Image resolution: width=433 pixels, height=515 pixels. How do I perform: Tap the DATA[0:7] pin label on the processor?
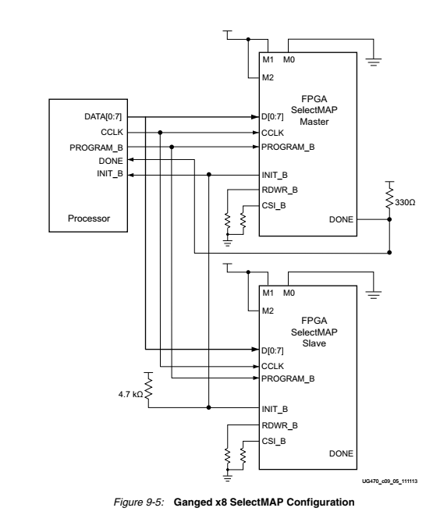pos(104,117)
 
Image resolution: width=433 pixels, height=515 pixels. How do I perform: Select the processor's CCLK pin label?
pos(113,133)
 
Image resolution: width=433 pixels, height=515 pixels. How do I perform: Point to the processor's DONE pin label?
pos(112,160)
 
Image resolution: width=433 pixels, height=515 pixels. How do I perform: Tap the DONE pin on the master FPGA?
pos(340,220)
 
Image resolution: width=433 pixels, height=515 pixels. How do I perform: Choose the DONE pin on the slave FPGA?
pos(340,453)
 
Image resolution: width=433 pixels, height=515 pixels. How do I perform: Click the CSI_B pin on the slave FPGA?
pos(273,440)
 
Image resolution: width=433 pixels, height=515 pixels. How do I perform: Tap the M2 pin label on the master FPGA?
pos(268,77)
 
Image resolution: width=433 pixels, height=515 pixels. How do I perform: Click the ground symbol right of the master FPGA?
pos(374,64)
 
